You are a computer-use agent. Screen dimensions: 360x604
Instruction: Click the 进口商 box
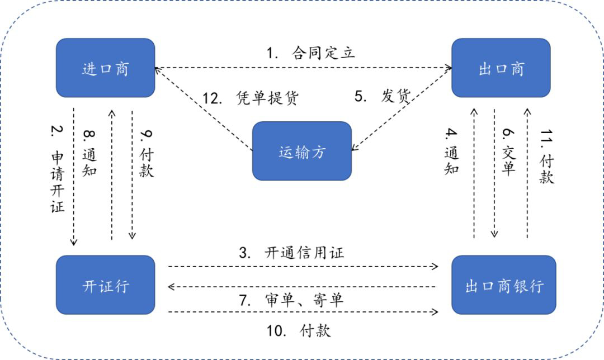(105, 68)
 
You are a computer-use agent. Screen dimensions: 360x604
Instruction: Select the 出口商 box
(501, 68)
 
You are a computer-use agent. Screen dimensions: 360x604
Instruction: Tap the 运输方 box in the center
(302, 151)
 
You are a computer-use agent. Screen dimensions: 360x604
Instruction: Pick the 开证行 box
(105, 285)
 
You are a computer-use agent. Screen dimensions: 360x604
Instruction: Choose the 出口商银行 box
(504, 285)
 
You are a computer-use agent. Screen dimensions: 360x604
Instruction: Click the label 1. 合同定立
(310, 54)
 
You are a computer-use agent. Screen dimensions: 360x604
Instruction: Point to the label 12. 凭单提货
(251, 98)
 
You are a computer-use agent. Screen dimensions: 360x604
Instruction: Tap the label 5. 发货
(383, 96)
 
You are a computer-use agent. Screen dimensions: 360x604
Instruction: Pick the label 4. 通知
(452, 151)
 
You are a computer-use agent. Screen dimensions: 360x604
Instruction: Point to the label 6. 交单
(508, 151)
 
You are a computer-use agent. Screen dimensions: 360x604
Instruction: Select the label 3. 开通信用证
(291, 253)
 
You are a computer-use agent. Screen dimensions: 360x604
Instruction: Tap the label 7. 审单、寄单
(291, 300)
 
